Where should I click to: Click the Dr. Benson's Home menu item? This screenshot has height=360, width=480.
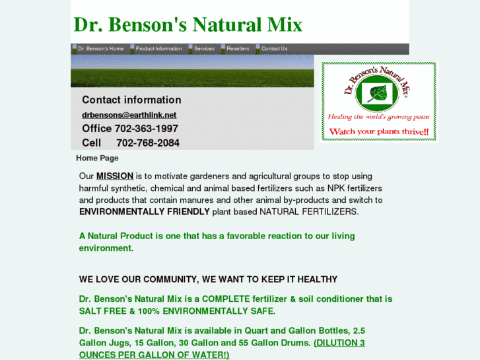(x=100, y=49)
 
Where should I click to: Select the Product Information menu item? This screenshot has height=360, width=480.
(x=158, y=49)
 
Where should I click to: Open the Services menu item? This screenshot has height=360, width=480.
(x=204, y=49)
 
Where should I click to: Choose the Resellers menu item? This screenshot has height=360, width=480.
(x=238, y=49)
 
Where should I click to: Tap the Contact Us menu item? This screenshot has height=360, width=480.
(x=274, y=49)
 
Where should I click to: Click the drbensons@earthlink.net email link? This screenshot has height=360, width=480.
(x=129, y=115)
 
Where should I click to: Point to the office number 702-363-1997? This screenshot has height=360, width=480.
(x=146, y=129)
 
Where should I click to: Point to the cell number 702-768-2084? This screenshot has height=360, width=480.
(x=147, y=143)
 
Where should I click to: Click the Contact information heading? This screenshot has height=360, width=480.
(x=131, y=100)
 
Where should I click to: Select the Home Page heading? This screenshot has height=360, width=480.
(x=97, y=159)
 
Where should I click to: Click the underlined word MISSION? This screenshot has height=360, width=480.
(x=115, y=176)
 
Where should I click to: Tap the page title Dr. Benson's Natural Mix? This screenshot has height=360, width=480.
(x=188, y=25)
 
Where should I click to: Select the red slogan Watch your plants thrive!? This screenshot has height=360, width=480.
(x=379, y=131)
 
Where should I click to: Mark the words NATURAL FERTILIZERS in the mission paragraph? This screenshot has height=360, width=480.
(x=309, y=212)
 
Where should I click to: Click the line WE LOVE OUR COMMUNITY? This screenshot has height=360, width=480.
(x=208, y=279)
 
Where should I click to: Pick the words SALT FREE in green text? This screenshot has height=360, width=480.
(x=101, y=311)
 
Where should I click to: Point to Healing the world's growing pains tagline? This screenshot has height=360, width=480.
(x=378, y=117)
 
